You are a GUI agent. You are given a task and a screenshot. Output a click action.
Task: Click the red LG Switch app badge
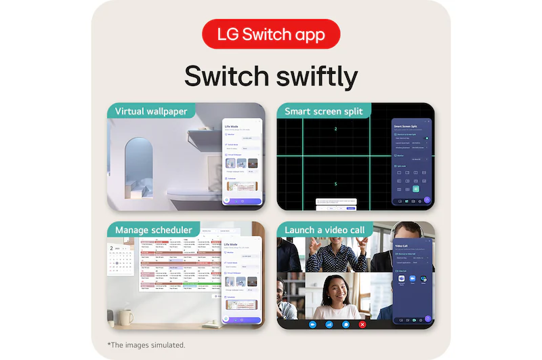pos(271,34)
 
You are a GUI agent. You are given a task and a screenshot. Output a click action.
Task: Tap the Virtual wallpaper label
pos(151,111)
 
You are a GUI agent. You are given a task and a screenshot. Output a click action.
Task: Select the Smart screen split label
pos(323,111)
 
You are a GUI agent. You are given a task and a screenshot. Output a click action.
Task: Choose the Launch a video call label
pos(325,230)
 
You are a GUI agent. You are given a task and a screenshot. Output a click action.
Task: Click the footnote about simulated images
pos(146,345)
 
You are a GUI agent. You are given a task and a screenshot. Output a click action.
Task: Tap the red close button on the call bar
pos(362,324)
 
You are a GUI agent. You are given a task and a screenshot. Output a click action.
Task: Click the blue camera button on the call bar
pos(313,324)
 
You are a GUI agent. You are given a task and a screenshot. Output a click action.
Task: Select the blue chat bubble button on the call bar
pos(346,324)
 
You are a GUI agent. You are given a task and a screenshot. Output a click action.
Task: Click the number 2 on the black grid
pos(335,129)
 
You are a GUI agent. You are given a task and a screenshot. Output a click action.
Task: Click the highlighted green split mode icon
pos(416,189)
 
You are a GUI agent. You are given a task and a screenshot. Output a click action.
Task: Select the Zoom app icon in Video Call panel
pos(402,279)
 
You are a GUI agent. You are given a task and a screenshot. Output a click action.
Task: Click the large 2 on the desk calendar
pos(112,249)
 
